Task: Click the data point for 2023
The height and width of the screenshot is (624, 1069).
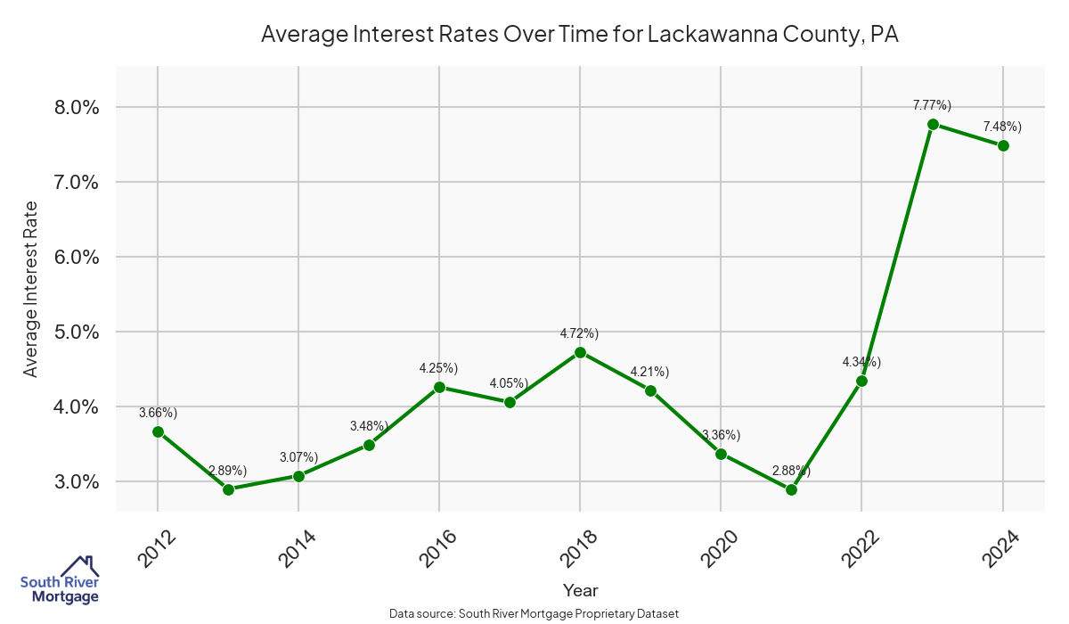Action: coord(933,124)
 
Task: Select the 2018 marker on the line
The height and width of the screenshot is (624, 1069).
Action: coord(580,352)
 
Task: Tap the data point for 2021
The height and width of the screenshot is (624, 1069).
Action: coord(791,489)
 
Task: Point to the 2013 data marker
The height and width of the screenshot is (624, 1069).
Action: coord(228,489)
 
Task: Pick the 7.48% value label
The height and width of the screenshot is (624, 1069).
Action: coord(1002,127)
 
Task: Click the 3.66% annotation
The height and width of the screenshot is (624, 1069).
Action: coord(158,413)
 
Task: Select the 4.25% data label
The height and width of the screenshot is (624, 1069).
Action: coord(438,368)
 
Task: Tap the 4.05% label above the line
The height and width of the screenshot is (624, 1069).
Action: coord(509,383)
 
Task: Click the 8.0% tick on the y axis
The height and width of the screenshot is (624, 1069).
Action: coord(77,107)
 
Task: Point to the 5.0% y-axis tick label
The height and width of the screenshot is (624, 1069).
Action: coord(77,332)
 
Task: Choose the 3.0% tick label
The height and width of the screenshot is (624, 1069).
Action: coord(77,481)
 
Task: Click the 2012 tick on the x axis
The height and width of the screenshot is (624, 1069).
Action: coord(151,546)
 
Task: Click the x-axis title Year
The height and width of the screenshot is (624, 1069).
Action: coord(580,590)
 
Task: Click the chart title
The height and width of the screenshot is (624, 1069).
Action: coord(580,35)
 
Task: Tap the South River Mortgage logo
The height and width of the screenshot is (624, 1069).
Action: coord(61,579)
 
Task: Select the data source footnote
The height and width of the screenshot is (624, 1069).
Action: coord(534,613)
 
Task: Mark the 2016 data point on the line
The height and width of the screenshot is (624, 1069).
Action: coord(439,387)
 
